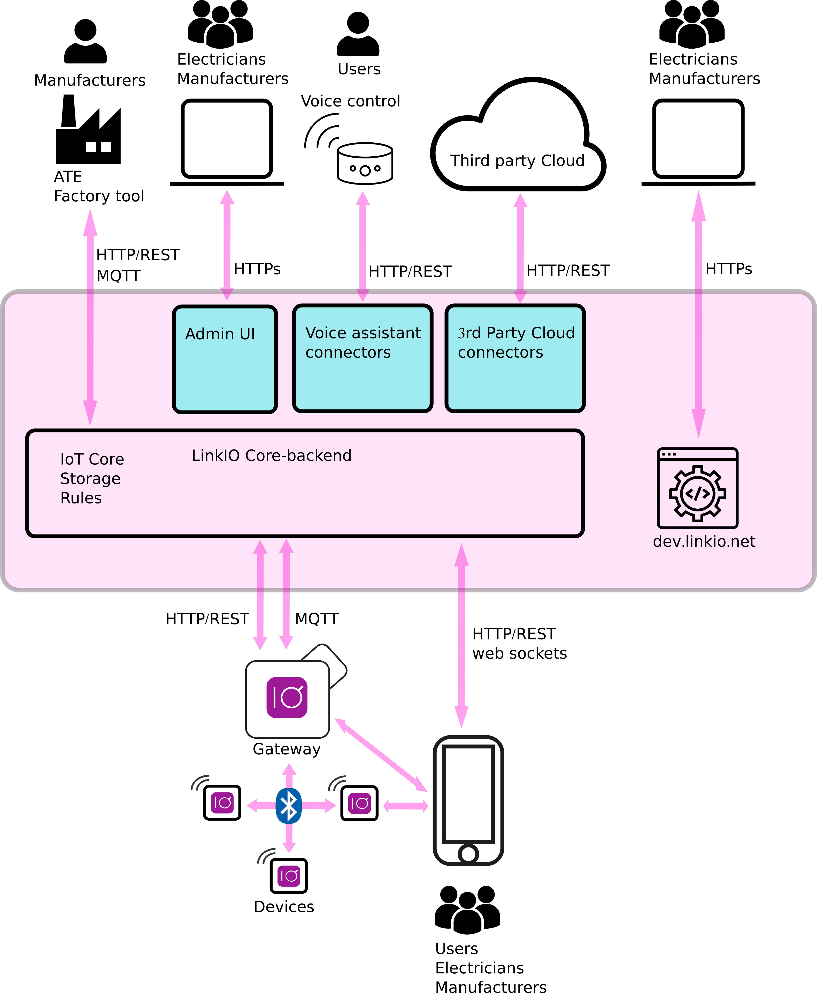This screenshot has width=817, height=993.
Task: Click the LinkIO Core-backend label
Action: [272, 456]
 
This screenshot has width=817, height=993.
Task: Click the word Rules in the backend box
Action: [81, 498]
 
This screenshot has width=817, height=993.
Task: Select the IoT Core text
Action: [92, 459]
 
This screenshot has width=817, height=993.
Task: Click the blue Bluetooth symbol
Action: [289, 806]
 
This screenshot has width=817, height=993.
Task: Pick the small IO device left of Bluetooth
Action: [222, 803]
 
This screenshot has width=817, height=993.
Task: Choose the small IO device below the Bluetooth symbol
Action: [289, 876]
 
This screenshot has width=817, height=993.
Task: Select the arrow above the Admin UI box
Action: [227, 245]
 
